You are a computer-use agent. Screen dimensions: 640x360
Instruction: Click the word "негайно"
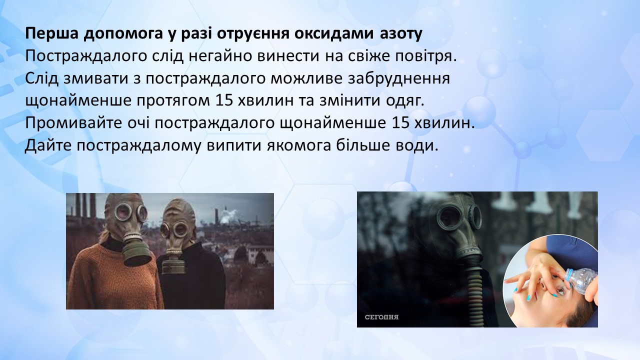pos(220,56)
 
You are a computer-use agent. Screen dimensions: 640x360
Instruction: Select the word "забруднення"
pos(398,79)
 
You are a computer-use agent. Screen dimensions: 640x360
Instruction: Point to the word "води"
pos(418,145)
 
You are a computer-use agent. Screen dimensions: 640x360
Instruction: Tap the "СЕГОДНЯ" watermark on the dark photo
pos(381,317)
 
